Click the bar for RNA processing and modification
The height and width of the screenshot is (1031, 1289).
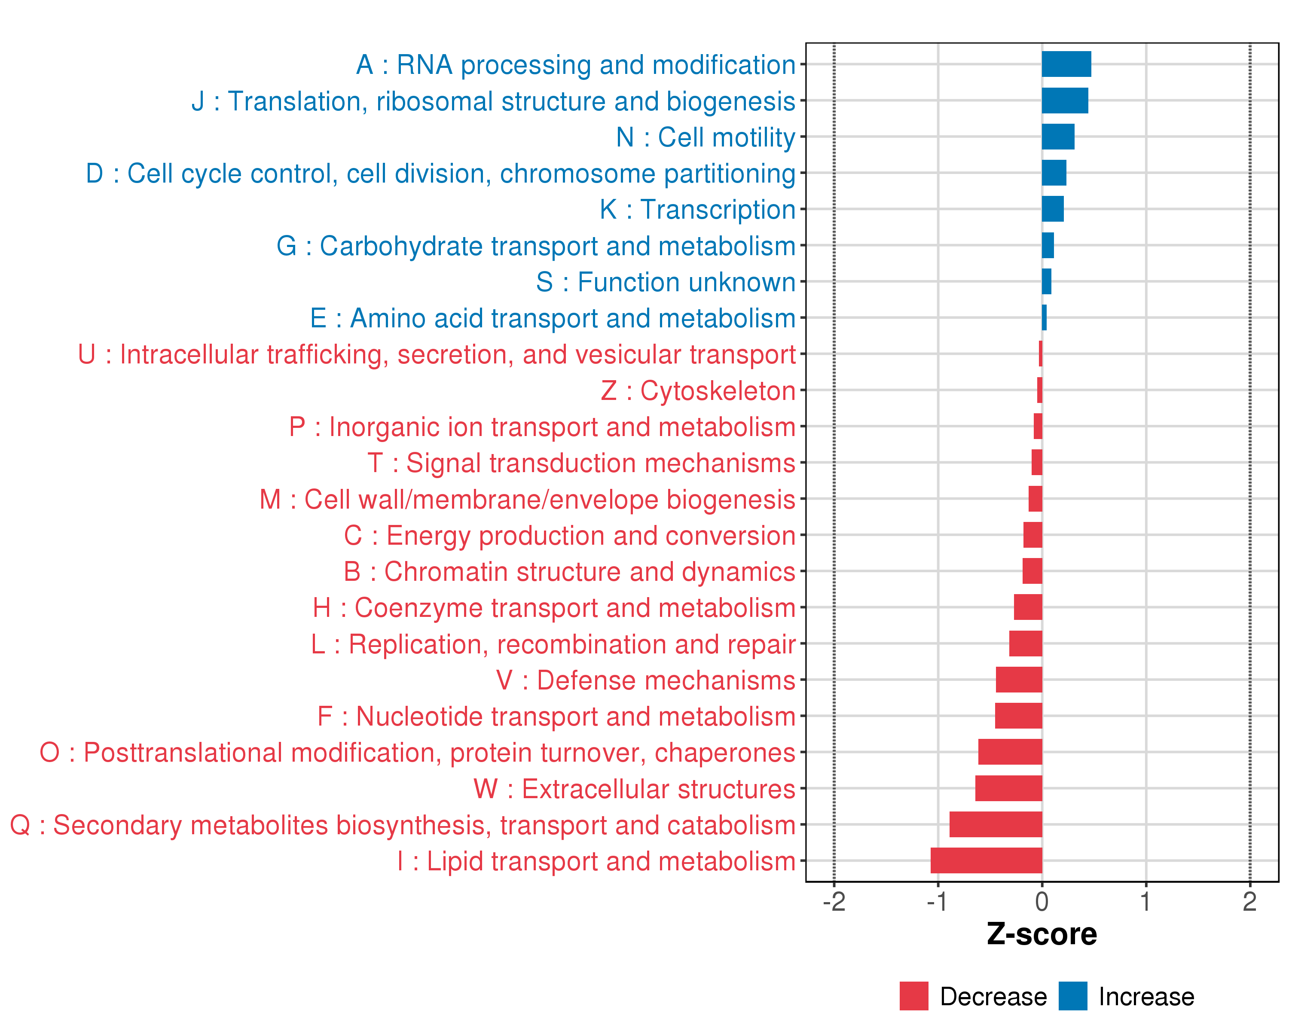1066,64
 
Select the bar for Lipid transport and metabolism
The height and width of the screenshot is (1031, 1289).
986,860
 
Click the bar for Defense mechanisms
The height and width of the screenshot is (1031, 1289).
1019,680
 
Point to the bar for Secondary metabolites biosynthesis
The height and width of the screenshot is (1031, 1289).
996,824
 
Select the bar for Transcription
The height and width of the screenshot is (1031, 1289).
1052,209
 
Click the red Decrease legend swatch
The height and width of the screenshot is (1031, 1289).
913,996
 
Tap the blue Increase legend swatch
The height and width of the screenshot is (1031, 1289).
1072,996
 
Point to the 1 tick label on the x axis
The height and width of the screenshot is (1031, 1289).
1145,901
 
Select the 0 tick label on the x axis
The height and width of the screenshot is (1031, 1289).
1042,901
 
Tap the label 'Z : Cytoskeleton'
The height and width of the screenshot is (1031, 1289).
698,390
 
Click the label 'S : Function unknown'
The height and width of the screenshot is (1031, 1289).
666,282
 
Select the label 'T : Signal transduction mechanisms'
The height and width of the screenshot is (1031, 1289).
581,463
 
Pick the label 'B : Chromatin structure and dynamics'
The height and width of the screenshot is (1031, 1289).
569,571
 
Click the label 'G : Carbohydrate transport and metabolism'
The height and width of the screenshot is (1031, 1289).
536,246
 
